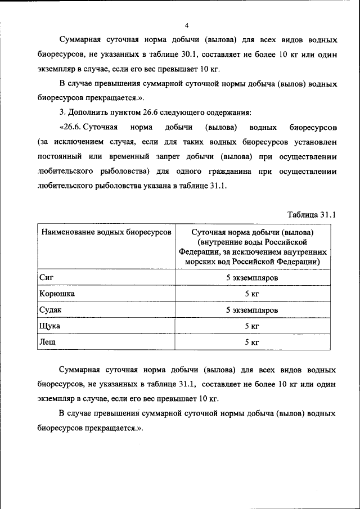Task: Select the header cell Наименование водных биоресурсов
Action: tap(106, 232)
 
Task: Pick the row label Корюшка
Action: tap(57, 294)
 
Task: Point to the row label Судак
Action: tap(51, 309)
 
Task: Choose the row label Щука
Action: tap(50, 326)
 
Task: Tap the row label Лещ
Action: tap(48, 341)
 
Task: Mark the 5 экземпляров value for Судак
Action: tap(251, 310)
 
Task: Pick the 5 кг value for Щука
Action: tap(251, 326)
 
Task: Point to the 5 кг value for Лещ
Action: tap(251, 342)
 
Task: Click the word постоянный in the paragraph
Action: tap(60, 156)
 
